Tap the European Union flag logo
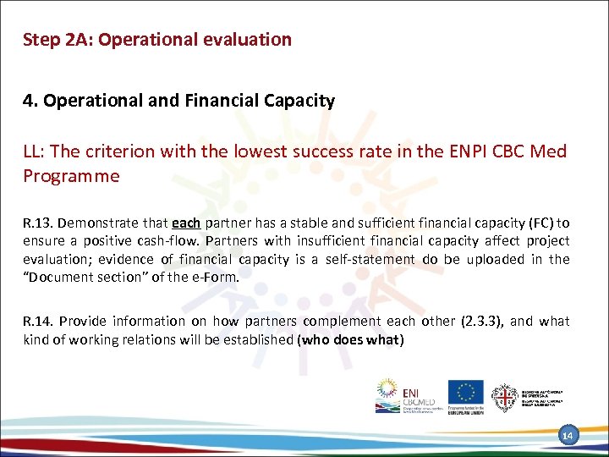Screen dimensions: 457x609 point(465,392)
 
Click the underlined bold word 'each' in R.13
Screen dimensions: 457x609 point(185,223)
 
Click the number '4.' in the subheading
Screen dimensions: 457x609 point(30,102)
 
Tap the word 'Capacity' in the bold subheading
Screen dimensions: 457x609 point(299,102)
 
